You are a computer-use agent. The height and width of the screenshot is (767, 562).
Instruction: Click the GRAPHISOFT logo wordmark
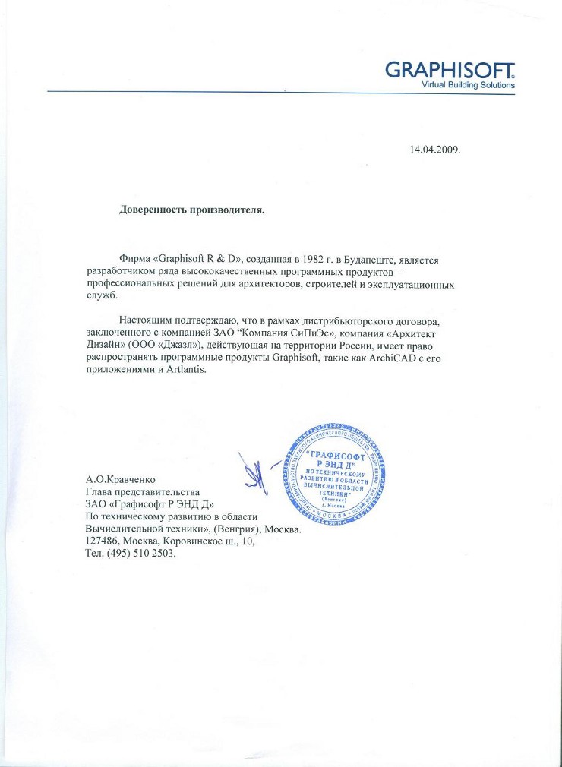tap(450, 70)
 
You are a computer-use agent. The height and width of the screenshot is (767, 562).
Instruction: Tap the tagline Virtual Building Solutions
tap(468, 85)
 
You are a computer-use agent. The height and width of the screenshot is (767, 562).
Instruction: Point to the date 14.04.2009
tap(435, 149)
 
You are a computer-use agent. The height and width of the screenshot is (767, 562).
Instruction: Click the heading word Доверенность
tap(156, 208)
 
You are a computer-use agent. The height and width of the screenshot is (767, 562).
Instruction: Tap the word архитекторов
tap(273, 285)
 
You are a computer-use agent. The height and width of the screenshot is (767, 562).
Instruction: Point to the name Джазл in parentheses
tap(179, 346)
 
